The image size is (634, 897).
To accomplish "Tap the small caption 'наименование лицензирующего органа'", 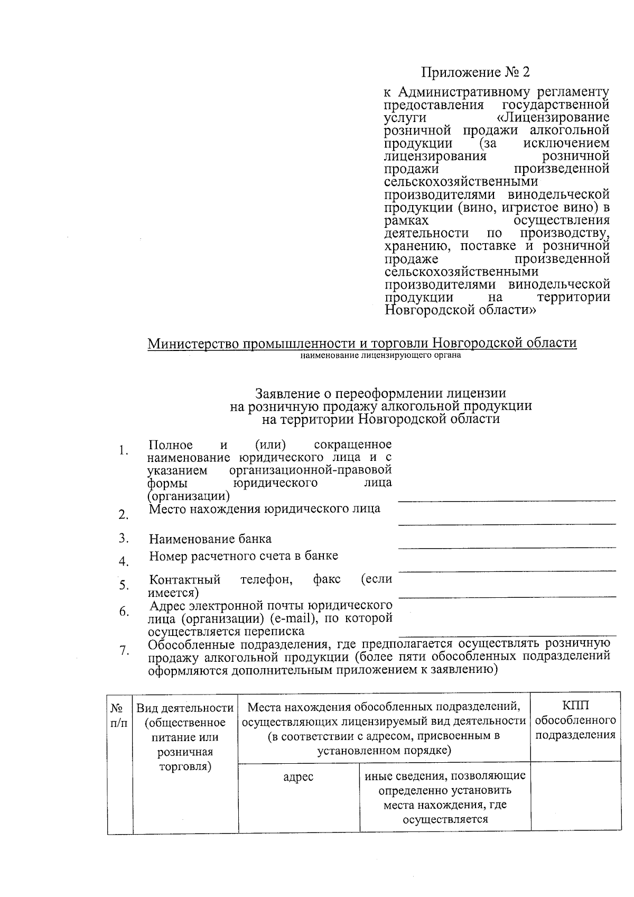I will point(380,355).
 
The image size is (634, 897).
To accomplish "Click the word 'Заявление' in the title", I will point(286,393).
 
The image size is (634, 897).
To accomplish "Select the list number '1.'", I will point(124,450).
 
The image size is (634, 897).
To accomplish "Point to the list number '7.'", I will point(124,651).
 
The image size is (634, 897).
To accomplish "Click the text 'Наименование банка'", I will point(210,539).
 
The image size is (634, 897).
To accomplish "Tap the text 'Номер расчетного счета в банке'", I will point(244,556).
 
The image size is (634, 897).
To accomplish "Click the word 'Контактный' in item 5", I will point(184,579).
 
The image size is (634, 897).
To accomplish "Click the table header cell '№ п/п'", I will point(119,715).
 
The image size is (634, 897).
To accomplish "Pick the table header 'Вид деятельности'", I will point(185,708).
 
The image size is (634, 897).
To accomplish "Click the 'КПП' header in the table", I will point(575,706).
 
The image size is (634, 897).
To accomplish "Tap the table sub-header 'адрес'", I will point(298,776).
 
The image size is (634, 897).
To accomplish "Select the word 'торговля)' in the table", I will point(185,767).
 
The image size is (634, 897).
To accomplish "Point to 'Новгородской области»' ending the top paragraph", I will point(461,310).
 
